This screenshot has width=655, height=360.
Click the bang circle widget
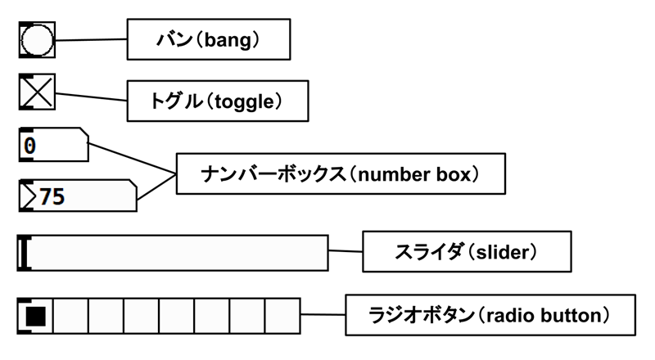37,40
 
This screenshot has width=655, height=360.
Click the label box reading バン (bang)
209,38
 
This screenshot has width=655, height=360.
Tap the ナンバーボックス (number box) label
340,173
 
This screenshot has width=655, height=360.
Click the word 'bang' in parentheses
234,38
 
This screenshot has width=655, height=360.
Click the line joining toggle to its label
90,97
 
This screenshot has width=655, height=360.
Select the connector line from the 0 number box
131,159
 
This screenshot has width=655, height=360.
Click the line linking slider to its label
345,251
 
